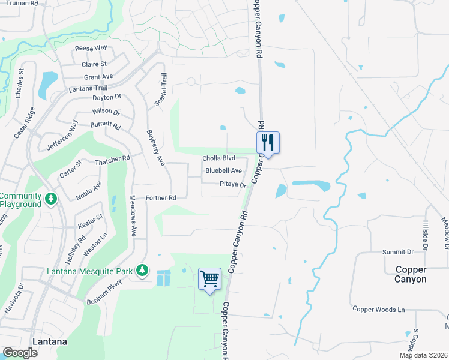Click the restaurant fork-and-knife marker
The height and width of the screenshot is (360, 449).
click(268, 143)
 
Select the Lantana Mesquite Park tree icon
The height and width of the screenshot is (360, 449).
click(142, 271)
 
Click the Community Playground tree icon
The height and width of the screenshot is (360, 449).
click(52, 198)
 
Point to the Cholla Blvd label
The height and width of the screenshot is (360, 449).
click(218, 158)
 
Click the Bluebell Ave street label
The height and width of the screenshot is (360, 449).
click(223, 171)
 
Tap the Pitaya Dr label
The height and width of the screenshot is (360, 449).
click(233, 185)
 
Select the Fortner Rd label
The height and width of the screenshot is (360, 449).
click(161, 198)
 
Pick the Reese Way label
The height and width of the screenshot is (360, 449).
click(91, 48)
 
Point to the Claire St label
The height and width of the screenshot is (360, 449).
click(95, 64)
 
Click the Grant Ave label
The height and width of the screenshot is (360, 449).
click(98, 77)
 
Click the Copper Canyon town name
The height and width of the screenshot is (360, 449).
click(411, 274)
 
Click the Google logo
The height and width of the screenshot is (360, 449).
click(20, 353)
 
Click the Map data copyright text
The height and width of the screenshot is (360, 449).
click(423, 355)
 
